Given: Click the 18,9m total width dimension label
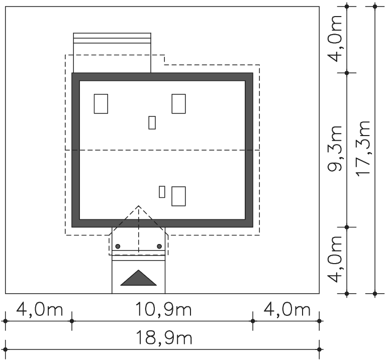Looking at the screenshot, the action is click(164, 338).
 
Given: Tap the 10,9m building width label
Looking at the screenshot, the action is click(163, 309).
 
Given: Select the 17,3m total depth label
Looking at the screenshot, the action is click(363, 149).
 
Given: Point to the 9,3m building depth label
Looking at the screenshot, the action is click(335, 149).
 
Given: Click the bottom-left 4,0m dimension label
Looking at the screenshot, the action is click(40, 309).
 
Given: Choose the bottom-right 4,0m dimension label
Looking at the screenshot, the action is click(287, 309).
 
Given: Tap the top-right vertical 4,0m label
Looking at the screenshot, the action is click(335, 39).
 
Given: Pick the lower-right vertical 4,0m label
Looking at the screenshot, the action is click(335, 259).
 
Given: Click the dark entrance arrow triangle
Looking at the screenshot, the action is click(138, 278).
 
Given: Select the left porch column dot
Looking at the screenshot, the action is click(118, 247).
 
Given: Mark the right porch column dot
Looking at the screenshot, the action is click(159, 247).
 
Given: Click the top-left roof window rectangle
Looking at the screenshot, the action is click(101, 104).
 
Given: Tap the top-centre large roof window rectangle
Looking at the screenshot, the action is click(179, 104).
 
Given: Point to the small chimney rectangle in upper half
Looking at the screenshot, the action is click(152, 123).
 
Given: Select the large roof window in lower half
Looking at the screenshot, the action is click(179, 196).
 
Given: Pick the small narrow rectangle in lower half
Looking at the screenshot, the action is click(162, 192).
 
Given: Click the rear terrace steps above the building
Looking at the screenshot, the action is click(112, 38).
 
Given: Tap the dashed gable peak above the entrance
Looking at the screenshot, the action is click(138, 206).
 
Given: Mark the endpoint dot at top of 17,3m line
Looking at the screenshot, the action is click(375, 7).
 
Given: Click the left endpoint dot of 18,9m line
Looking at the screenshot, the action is click(6, 349).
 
